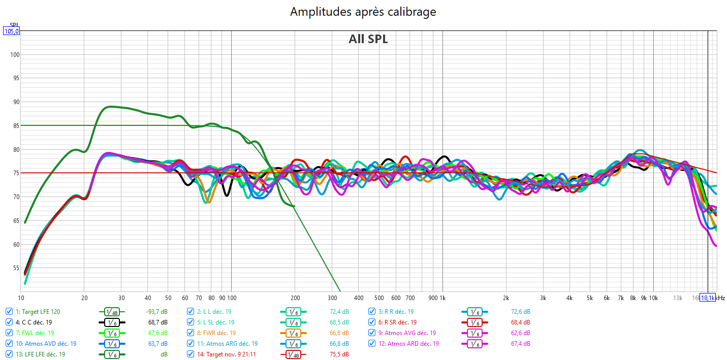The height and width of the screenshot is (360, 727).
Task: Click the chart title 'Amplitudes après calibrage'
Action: pos(363,12)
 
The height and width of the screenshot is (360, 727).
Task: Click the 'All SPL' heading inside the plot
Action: pos(368,39)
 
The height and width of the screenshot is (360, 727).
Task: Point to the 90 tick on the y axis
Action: pos(14,102)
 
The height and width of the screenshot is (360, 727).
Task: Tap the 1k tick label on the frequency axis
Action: pos(442,298)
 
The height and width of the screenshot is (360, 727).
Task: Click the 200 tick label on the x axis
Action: pos(295,298)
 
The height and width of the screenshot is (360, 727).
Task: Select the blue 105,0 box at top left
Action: pos(11,31)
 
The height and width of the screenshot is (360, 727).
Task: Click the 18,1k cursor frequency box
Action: pos(708,298)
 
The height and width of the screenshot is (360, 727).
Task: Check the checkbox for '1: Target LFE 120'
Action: pos(9,312)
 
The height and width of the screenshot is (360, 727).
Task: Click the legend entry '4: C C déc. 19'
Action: pos(37,322)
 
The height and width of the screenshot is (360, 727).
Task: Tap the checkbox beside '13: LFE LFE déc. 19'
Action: pos(9,354)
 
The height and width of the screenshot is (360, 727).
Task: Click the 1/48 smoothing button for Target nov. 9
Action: pos(293,354)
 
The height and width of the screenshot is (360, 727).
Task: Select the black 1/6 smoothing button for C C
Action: pos(112,322)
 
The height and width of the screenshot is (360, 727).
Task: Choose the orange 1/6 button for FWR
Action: pos(293,333)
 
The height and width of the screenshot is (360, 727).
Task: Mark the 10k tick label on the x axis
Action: pos(653,298)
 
